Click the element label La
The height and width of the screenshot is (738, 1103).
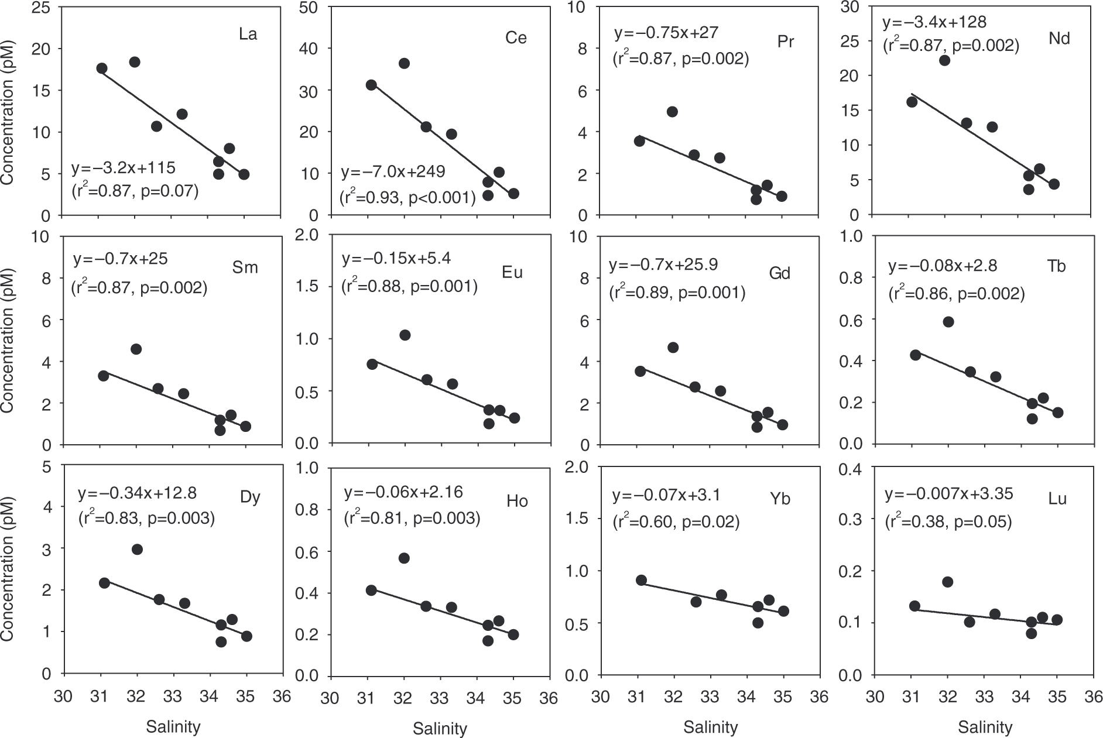point(248,35)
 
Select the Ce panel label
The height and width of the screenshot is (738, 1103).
point(516,38)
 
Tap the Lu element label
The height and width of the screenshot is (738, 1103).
point(1057,499)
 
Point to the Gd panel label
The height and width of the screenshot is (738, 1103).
point(780,273)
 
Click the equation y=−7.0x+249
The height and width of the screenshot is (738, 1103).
point(393,171)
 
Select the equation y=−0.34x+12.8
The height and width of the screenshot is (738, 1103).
point(138,493)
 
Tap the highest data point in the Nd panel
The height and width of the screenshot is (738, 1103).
point(944,60)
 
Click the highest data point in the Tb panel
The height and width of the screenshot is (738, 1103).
point(948,322)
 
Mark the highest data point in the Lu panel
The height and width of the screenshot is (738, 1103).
point(948,582)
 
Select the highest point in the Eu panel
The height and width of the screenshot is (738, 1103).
point(405,335)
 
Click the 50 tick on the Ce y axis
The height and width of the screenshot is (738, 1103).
point(310,7)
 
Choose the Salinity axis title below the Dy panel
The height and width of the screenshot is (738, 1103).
point(173,727)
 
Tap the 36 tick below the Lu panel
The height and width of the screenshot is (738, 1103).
point(1090,698)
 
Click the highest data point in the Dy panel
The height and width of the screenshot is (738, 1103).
point(137,549)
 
